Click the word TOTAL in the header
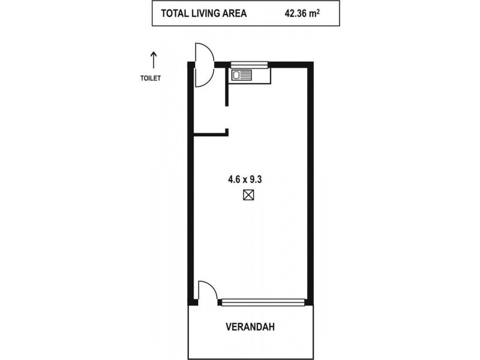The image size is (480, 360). pos(173,13)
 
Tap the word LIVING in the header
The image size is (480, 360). pos(202,13)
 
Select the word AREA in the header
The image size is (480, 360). pos(233,13)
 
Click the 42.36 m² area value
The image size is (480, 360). pos(302,13)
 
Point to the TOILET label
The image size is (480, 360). pos(151,79)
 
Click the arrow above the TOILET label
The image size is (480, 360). pos(154,60)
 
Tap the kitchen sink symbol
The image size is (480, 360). pos(242,75)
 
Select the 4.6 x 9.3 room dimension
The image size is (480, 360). pos(245,179)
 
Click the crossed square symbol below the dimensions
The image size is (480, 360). pos(248,195)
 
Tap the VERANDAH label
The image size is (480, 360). pos(250,327)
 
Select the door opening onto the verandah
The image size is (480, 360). pos(208,291)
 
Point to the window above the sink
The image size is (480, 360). pos(249,64)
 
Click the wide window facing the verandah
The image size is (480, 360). pos(263,302)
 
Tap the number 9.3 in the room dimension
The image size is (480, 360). pos(256,179)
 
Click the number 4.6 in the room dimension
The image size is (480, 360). pos(234,179)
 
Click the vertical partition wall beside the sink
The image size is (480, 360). pos(227,86)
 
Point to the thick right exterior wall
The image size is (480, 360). pos(310,184)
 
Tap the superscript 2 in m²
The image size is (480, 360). pos(319,11)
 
